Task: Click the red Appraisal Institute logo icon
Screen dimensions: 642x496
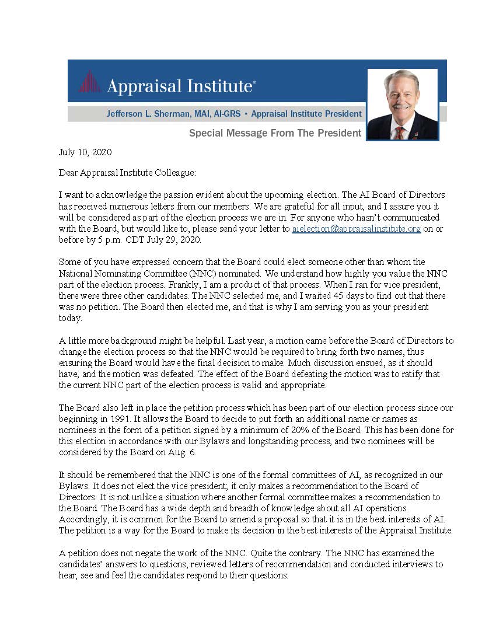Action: (90, 82)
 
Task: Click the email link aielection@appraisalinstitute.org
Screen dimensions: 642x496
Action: (356, 229)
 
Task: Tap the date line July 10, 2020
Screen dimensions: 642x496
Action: (85, 152)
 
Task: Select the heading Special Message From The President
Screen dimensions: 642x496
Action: (275, 133)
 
